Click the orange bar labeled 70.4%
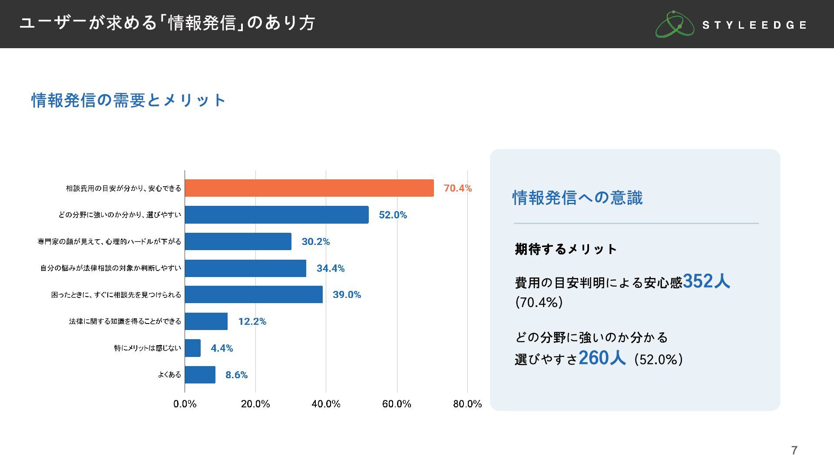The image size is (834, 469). (x=309, y=188)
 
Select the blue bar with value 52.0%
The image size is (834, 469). (x=276, y=215)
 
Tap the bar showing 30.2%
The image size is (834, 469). (x=238, y=241)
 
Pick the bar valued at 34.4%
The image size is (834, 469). (x=245, y=268)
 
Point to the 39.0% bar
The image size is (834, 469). (x=253, y=294)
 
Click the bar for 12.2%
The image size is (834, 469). (x=206, y=321)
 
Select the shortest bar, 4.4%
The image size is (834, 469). (x=192, y=348)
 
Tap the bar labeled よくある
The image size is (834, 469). (x=200, y=375)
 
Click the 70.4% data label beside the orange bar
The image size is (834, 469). (x=457, y=188)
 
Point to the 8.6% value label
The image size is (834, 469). (x=236, y=375)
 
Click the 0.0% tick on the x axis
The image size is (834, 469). (x=185, y=404)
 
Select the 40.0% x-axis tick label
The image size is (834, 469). (x=326, y=404)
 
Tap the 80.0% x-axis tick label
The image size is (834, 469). (x=467, y=404)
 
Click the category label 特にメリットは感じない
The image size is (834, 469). (x=147, y=348)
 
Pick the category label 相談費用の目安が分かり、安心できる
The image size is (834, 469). (x=123, y=188)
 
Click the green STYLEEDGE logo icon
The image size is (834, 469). (x=674, y=24)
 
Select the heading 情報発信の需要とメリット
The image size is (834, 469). (x=129, y=100)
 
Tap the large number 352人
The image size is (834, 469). (x=706, y=281)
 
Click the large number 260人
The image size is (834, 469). (x=602, y=358)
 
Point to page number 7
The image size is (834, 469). (x=794, y=450)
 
